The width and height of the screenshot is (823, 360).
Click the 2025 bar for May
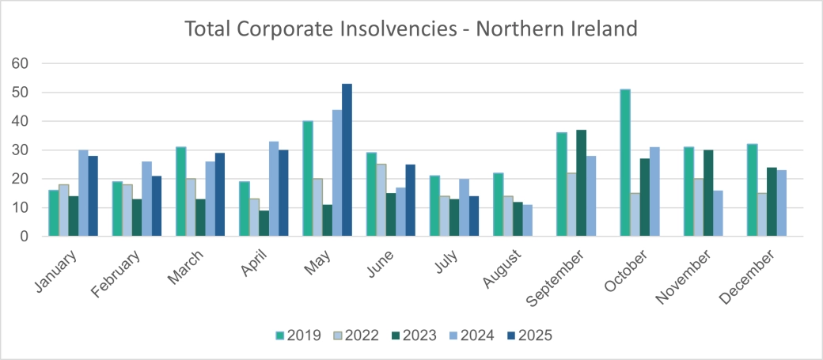pos(347,160)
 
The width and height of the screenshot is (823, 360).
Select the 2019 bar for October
pos(625,163)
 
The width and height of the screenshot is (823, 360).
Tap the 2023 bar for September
pos(582,183)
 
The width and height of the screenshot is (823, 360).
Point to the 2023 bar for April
pos(264,223)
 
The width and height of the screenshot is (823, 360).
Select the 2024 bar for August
pos(526,221)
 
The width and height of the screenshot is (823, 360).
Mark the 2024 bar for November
pos(719,214)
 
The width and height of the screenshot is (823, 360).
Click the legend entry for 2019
pos(297,335)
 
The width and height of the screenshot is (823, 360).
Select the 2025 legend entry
pos(529,335)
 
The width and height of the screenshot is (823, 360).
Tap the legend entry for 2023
pos(413,335)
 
